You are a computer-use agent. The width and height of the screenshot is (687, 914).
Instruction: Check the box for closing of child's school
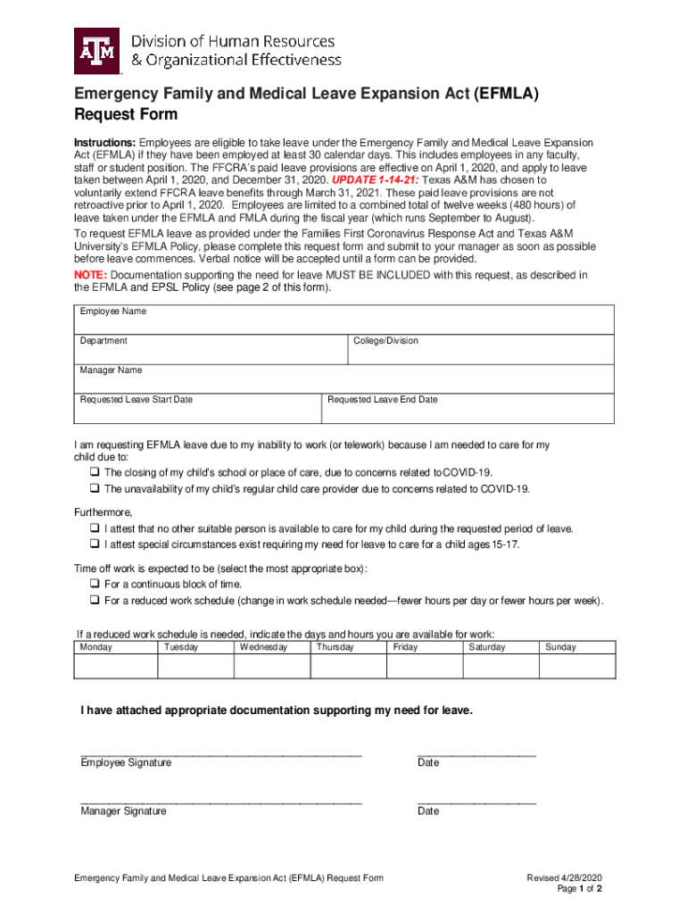click(x=94, y=472)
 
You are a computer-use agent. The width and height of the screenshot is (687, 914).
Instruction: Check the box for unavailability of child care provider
click(x=94, y=489)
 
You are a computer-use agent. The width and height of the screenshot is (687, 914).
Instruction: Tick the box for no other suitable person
click(x=94, y=529)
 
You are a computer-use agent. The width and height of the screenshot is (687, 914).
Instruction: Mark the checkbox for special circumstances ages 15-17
click(x=94, y=544)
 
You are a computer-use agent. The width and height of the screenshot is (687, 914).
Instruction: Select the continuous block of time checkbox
click(x=94, y=585)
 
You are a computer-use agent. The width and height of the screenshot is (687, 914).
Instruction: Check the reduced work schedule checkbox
click(x=94, y=601)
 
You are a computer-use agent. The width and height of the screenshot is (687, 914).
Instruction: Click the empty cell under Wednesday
click(x=271, y=667)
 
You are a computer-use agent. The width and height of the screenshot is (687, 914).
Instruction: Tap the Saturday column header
click(x=486, y=647)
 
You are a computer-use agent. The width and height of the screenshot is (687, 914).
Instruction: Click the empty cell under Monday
click(x=116, y=667)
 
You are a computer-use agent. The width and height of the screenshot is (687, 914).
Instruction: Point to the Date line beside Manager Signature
click(x=476, y=802)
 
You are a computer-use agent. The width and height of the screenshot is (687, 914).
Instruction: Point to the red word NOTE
click(x=89, y=275)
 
